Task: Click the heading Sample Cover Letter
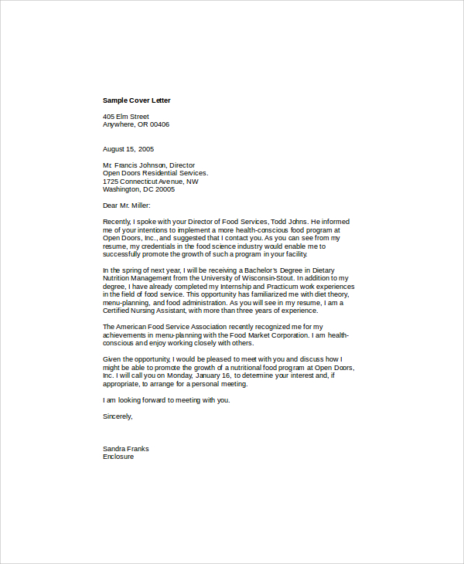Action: coord(136,100)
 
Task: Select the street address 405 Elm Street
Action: coord(125,117)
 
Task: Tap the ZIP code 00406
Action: coord(159,124)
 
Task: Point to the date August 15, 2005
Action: coord(128,149)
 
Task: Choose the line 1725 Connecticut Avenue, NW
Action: coord(150,182)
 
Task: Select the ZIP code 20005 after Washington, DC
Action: coord(165,189)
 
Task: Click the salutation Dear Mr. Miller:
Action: coord(127,206)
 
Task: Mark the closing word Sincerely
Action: coord(117,416)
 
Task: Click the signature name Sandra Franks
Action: coord(125,449)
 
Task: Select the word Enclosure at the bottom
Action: coord(118,457)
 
